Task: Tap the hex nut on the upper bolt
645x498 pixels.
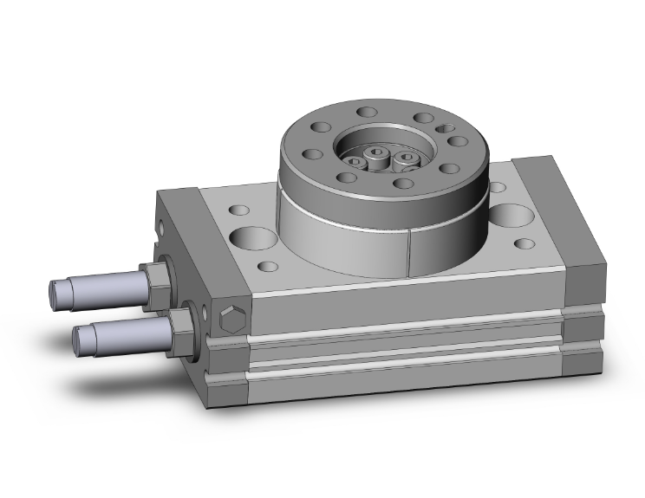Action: pos(155,278)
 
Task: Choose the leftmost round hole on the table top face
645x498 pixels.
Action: pos(310,155)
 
